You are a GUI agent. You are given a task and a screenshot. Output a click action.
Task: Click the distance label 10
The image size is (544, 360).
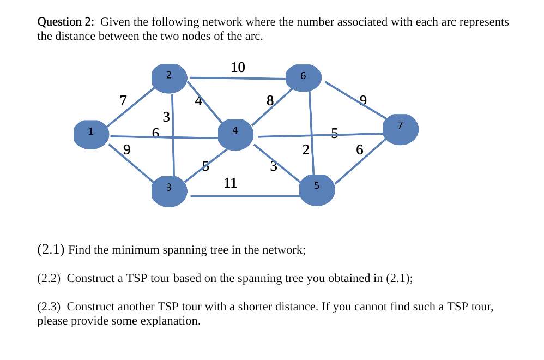tap(238, 68)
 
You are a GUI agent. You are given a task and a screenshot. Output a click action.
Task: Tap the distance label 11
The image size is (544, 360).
tap(231, 183)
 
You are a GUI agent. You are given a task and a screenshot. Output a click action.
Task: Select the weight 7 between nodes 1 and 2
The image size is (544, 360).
tap(123, 100)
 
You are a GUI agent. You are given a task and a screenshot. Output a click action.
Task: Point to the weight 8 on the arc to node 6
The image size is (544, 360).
tap(270, 100)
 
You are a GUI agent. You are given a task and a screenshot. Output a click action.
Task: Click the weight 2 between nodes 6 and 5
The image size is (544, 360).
tap(306, 149)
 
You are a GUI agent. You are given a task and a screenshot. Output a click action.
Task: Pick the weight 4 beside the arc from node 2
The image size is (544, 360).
tap(198, 101)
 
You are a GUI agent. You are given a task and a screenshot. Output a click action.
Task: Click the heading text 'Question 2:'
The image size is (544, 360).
tap(65, 22)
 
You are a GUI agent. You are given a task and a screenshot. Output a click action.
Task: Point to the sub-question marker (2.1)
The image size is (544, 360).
tap(51, 250)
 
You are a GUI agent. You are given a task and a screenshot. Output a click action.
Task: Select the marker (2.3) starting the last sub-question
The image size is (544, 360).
tap(50, 307)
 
